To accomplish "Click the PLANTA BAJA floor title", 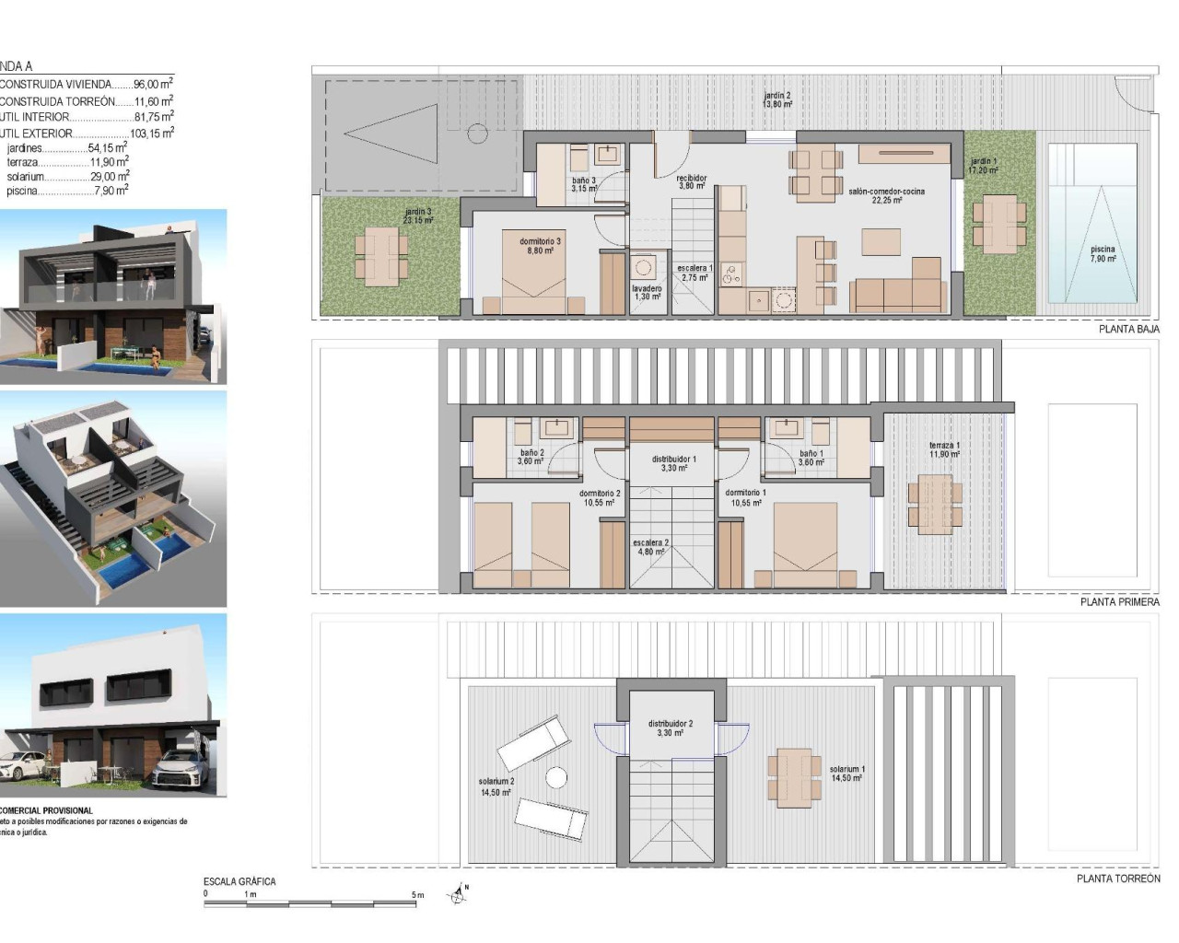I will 1128,329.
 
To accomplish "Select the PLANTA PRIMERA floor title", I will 1119,601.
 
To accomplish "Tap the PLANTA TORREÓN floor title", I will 1118,879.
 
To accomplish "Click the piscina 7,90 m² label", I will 1103,254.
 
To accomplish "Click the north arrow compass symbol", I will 460,892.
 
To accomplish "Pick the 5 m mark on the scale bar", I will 417,894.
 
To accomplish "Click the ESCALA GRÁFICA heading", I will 239,881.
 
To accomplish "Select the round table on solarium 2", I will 555,777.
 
